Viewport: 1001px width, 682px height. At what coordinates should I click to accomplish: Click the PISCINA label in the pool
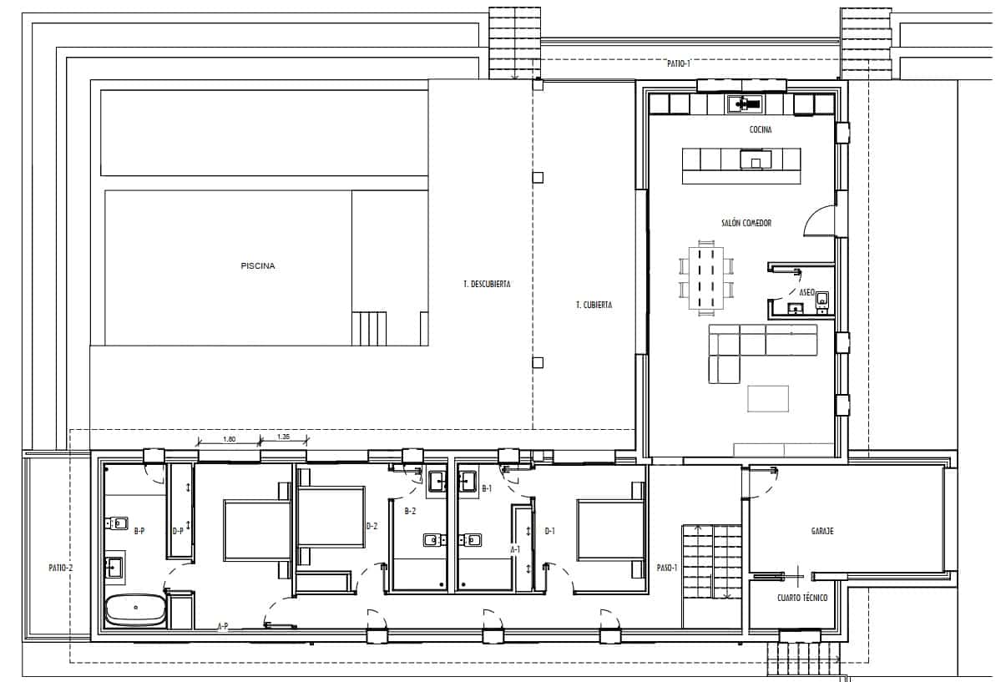coord(258,267)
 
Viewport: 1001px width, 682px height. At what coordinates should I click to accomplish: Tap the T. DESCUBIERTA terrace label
coord(487,285)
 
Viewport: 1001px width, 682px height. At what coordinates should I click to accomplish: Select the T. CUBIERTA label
coord(594,306)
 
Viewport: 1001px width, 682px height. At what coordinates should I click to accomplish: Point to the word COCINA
coord(761,130)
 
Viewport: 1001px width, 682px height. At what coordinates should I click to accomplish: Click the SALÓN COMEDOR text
coord(746,224)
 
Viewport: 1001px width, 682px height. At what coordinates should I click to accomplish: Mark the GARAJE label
coord(822,531)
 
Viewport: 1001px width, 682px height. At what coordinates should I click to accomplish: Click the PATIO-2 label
coord(59,568)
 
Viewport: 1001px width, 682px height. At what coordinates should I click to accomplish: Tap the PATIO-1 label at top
coord(679,63)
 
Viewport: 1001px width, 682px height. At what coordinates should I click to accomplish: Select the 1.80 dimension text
coord(230,437)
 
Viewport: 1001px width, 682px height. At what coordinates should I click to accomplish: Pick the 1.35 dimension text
coord(283,437)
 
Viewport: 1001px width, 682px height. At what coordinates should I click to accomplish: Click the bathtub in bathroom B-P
coord(135,610)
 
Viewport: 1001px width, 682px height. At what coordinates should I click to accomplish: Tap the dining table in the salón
coord(706,275)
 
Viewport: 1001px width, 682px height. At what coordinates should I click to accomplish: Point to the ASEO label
coord(806,293)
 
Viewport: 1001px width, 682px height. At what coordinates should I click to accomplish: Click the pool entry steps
coord(370,328)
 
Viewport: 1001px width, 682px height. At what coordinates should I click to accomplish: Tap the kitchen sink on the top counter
coord(742,104)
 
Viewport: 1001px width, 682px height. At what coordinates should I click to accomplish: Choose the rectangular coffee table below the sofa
coord(767,397)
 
